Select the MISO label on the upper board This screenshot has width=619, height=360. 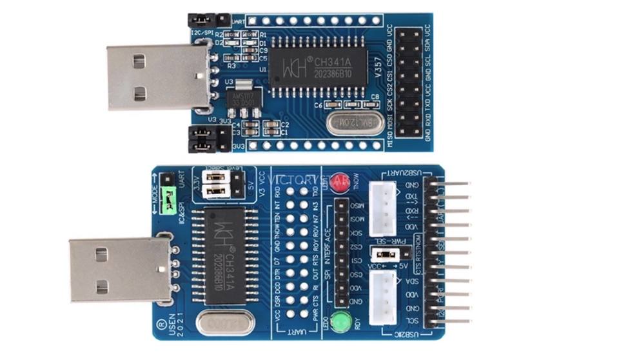pyautogui.click(x=391, y=137)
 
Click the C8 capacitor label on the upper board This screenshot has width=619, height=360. pyautogui.click(x=376, y=97)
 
